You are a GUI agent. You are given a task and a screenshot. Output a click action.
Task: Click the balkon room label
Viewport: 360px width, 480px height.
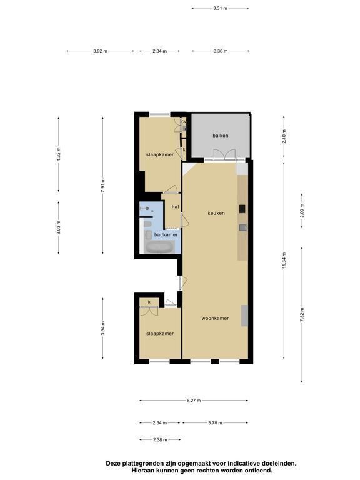(221, 135)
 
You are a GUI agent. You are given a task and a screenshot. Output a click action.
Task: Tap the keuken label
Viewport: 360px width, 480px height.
(216, 213)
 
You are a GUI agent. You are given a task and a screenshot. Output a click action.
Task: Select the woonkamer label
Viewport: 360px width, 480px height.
(215, 318)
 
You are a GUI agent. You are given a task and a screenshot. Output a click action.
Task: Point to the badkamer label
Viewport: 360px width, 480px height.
(166, 234)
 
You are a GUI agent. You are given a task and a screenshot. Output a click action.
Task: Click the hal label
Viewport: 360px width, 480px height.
(175, 207)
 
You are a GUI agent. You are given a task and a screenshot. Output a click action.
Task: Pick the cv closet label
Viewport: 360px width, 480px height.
(184, 121)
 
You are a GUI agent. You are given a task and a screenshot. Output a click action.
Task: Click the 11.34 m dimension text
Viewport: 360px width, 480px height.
(284, 261)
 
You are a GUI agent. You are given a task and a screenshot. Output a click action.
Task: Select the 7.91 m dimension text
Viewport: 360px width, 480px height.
(103, 185)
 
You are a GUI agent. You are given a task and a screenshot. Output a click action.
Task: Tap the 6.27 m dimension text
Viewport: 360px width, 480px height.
(194, 401)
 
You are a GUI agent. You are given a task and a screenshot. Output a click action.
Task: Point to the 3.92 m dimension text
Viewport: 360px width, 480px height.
(101, 51)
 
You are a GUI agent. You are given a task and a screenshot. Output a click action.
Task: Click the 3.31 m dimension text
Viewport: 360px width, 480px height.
(220, 8)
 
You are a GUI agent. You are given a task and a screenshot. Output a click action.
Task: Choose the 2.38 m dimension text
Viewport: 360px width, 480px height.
(160, 439)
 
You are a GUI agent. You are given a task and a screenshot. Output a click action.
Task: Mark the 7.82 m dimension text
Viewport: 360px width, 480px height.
(302, 315)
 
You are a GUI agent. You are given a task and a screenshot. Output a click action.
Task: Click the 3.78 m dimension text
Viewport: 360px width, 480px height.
(215, 423)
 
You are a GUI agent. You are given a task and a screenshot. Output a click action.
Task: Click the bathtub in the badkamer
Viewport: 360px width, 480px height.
(159, 247)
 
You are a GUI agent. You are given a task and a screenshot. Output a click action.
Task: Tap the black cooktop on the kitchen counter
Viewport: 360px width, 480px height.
(242, 209)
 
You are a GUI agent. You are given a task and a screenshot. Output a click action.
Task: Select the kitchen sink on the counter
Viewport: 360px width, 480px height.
(242, 227)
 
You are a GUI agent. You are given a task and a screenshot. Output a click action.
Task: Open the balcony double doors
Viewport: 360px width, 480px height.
(225, 154)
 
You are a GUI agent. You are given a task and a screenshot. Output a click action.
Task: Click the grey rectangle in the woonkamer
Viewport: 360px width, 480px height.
(244, 316)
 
